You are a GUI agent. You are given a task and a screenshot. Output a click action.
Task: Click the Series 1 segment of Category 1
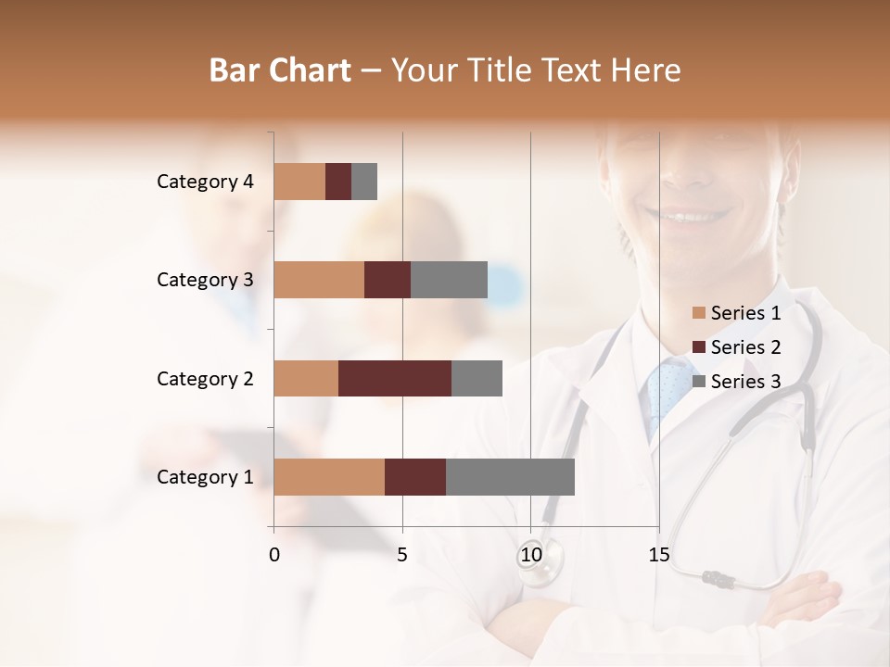point(329,477)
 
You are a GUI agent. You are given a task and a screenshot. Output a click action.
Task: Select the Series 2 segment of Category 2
point(395,378)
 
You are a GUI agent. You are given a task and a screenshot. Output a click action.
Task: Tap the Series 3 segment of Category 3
point(449,280)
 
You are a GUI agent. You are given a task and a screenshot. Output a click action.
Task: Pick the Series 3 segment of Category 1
point(510,477)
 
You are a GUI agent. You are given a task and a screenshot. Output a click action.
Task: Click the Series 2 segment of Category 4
point(338,182)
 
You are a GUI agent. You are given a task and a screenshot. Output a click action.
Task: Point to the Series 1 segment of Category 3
point(319,280)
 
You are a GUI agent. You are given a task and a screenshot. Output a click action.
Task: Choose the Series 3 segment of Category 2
point(477,378)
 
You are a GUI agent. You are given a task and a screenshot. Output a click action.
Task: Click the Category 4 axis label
point(205,182)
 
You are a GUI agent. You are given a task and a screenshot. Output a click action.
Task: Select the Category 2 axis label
point(205,378)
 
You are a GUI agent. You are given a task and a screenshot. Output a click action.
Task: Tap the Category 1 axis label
point(205,477)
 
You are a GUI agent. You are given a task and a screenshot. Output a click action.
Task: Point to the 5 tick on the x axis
point(402,555)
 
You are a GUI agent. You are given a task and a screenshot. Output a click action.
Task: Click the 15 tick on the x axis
point(659,555)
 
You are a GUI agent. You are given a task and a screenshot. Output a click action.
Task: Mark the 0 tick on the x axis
point(274,555)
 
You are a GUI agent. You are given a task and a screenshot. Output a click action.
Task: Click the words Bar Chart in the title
point(280,70)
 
